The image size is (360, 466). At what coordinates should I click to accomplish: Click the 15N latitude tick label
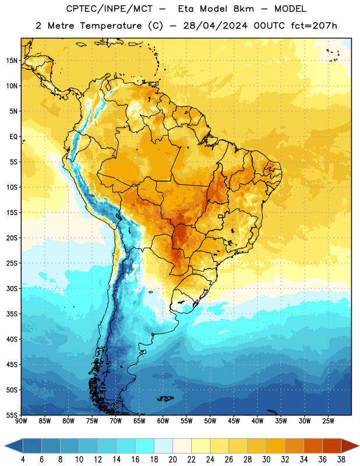coord(12,61)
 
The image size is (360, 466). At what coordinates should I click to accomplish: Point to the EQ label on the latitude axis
coord(13,137)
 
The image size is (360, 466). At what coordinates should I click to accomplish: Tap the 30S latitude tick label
coord(12,288)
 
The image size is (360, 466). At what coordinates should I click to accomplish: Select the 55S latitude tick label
coord(12,415)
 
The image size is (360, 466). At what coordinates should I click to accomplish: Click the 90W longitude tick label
coord(22,421)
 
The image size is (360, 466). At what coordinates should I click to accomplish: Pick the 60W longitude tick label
coord(163,421)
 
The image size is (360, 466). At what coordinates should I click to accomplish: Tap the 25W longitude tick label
coord(328,421)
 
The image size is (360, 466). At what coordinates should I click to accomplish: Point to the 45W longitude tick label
coord(234,421)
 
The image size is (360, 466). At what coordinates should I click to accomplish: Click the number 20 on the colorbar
coord(172,460)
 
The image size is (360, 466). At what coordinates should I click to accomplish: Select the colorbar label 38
coord(341,460)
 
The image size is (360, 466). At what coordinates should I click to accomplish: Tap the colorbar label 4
coord(23,460)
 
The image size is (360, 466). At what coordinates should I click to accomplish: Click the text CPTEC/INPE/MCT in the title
coord(109,9)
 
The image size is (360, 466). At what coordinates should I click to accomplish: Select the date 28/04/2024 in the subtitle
coord(215,26)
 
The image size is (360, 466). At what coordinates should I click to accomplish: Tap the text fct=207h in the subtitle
coord(314,26)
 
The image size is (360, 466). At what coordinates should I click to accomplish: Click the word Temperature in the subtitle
coord(111,26)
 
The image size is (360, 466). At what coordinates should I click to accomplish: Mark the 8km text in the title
coord(243,9)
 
